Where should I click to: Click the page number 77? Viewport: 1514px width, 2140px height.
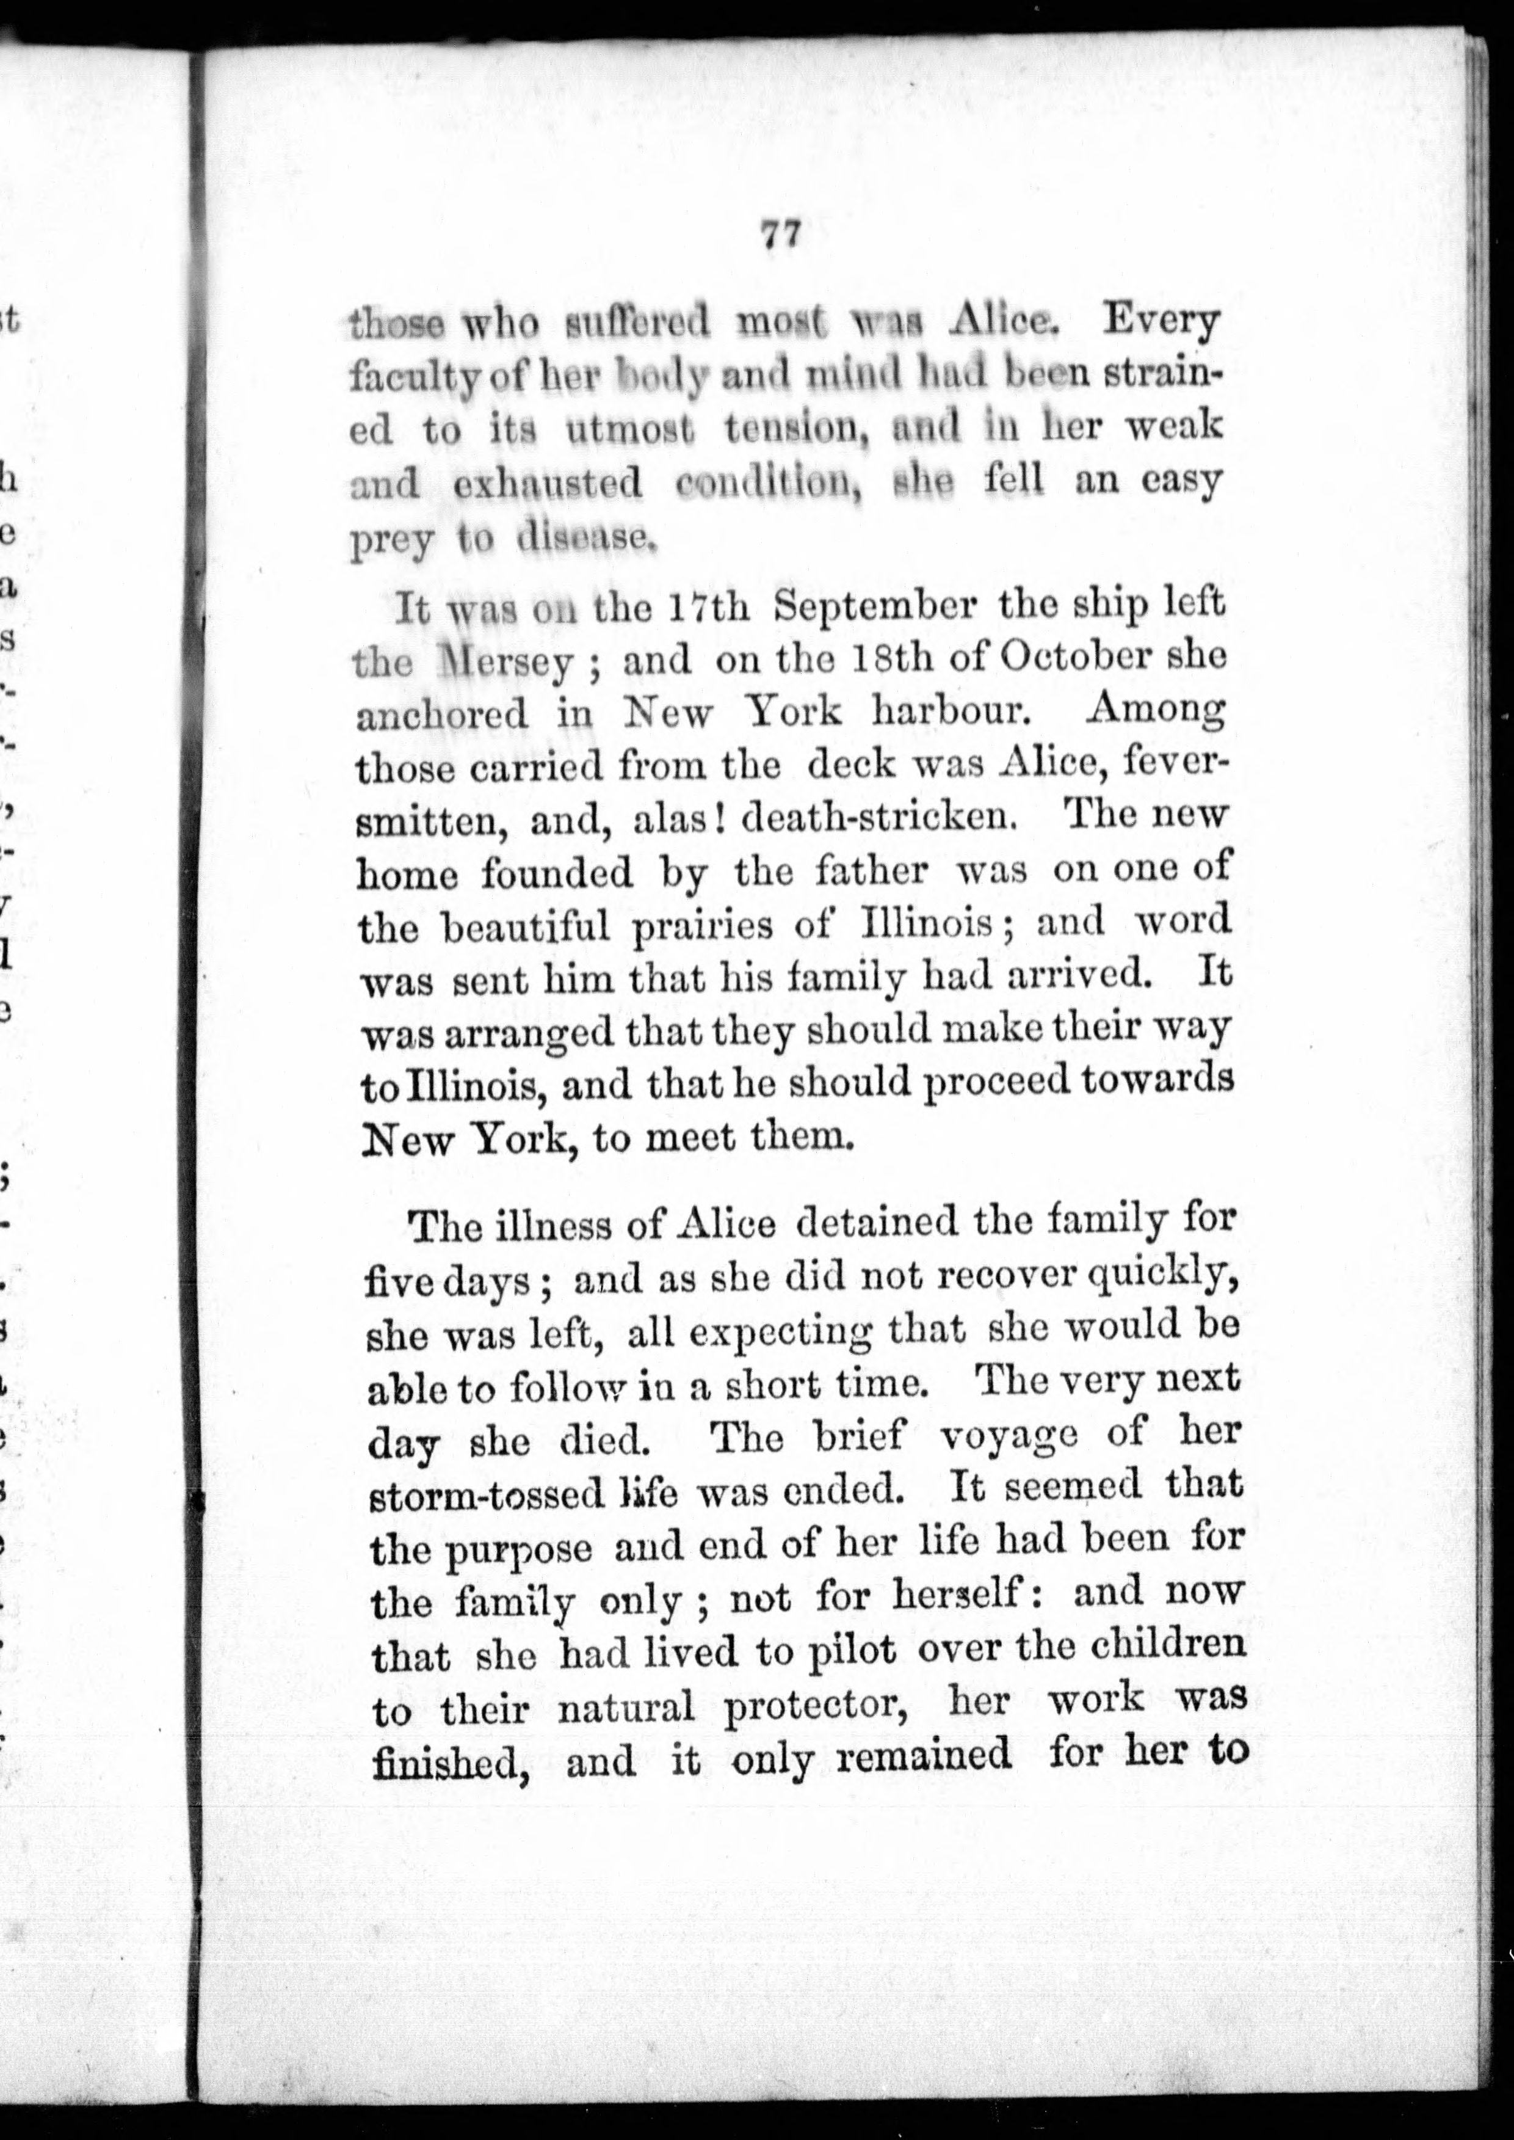coord(780,234)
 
